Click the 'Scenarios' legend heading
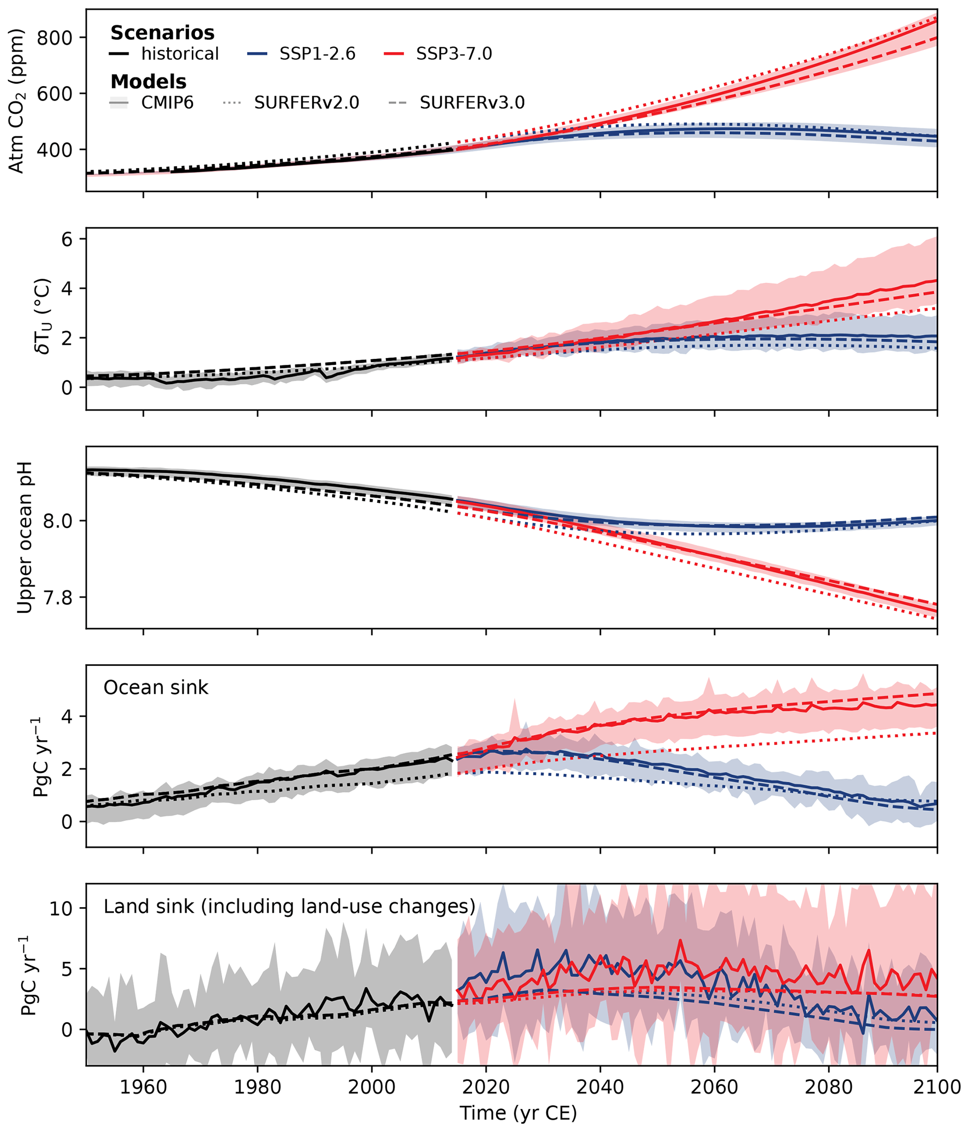(x=162, y=33)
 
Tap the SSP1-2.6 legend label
(x=317, y=53)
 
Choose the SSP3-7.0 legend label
(x=454, y=53)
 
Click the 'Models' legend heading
(x=148, y=82)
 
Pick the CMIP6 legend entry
(x=167, y=103)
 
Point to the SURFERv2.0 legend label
(x=306, y=103)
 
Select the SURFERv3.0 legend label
(x=472, y=103)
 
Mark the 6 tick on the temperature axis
(x=67, y=239)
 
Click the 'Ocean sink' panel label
(x=156, y=687)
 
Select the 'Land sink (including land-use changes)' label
(x=289, y=906)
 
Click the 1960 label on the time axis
(x=143, y=1087)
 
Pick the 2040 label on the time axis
(x=600, y=1087)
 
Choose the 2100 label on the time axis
(x=937, y=1087)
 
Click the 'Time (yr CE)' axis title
(x=518, y=1113)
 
